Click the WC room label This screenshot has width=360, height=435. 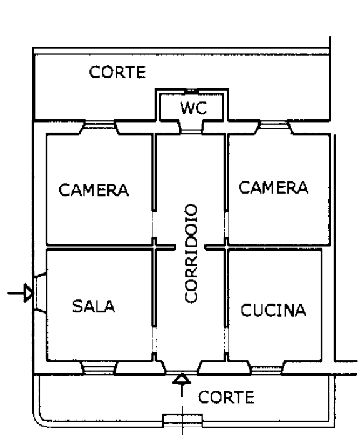(x=194, y=108)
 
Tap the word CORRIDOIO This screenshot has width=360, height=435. (x=191, y=254)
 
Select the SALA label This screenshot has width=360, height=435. (x=94, y=306)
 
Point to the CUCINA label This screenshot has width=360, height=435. (x=274, y=310)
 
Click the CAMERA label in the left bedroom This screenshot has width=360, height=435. (x=94, y=190)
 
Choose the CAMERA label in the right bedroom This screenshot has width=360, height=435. (x=274, y=187)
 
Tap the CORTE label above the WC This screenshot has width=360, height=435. (x=117, y=72)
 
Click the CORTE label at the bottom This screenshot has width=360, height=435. (x=226, y=397)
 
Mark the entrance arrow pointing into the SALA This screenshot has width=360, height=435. (x=21, y=293)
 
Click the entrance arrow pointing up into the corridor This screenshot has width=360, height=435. (x=182, y=385)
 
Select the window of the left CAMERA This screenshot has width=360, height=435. (x=99, y=125)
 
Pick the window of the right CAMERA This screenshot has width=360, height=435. (x=274, y=125)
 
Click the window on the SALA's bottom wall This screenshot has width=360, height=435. (x=99, y=367)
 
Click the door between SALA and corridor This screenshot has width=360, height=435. (x=154, y=340)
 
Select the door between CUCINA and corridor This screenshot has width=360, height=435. (x=226, y=340)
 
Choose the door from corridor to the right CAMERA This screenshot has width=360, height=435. (x=226, y=225)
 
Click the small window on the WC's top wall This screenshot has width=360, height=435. (x=191, y=91)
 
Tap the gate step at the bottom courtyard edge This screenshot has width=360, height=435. (x=182, y=420)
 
